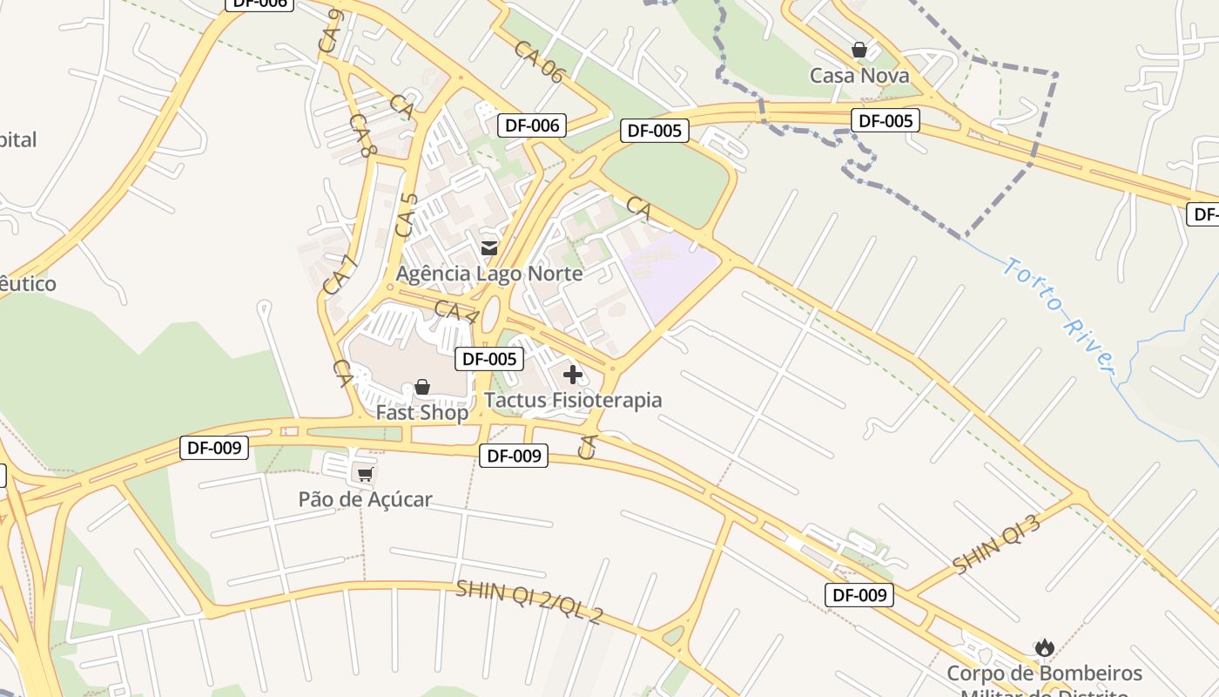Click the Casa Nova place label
coord(859,76)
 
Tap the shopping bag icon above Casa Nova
coord(859,50)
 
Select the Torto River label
coord(1059,315)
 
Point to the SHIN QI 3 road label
coord(997,545)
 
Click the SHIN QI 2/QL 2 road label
coord(529,602)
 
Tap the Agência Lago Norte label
coord(489,274)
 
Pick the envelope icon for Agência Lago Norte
coord(488,248)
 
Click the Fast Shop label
coord(421,412)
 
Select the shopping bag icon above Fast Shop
coord(422,386)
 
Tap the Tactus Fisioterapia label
coord(573,400)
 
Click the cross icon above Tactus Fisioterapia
coord(572,375)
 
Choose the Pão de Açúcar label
coord(365,499)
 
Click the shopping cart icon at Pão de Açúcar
coord(365,474)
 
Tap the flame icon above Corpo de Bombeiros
coord(1044,647)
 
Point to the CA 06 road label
coord(538,62)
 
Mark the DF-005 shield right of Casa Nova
coord(886,121)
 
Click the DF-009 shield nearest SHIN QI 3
coord(859,595)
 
